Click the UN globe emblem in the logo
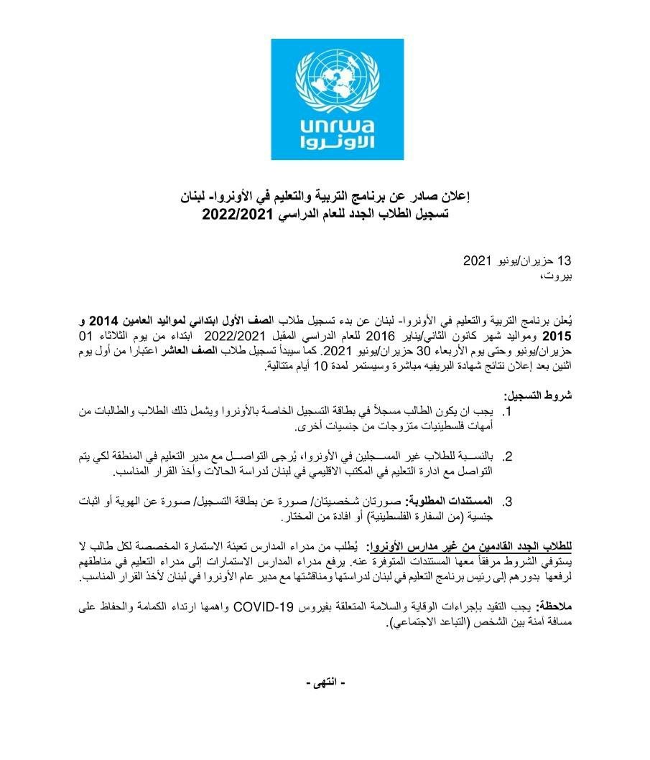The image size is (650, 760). click(x=326, y=79)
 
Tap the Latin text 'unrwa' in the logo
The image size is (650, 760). click(x=326, y=125)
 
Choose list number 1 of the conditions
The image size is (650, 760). click(x=507, y=413)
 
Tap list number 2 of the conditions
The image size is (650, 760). click(x=507, y=456)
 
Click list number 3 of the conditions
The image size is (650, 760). click(x=507, y=501)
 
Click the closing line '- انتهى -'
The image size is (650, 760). click(x=325, y=682)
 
